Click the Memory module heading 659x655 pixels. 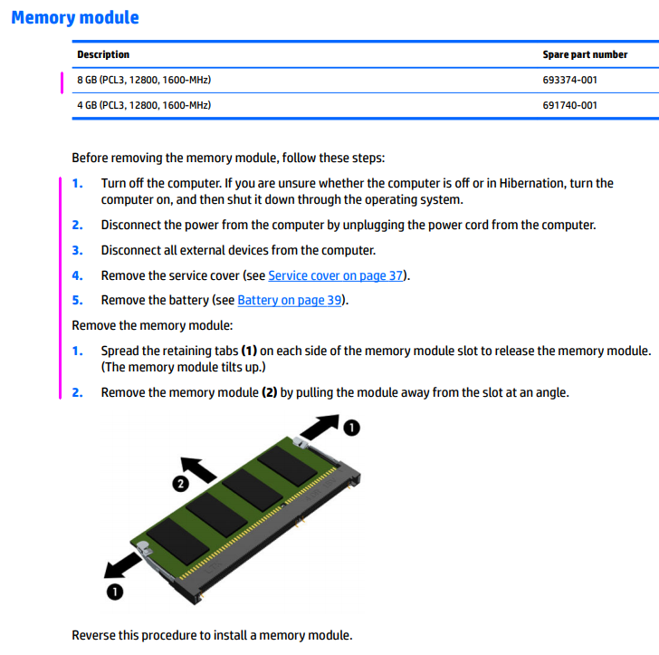tap(75, 17)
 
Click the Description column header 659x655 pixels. tap(103, 54)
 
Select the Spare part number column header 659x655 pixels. tap(585, 54)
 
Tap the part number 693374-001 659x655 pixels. tap(569, 80)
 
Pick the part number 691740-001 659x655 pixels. tap(569, 105)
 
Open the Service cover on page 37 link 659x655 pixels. tap(337, 275)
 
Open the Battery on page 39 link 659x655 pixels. tap(290, 300)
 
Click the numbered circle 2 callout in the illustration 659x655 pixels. tap(180, 484)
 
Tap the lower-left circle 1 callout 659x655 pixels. tap(116, 592)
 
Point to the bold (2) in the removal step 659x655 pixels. tap(269, 392)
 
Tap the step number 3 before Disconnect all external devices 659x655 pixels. tap(77, 250)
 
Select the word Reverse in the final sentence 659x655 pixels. tap(93, 635)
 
